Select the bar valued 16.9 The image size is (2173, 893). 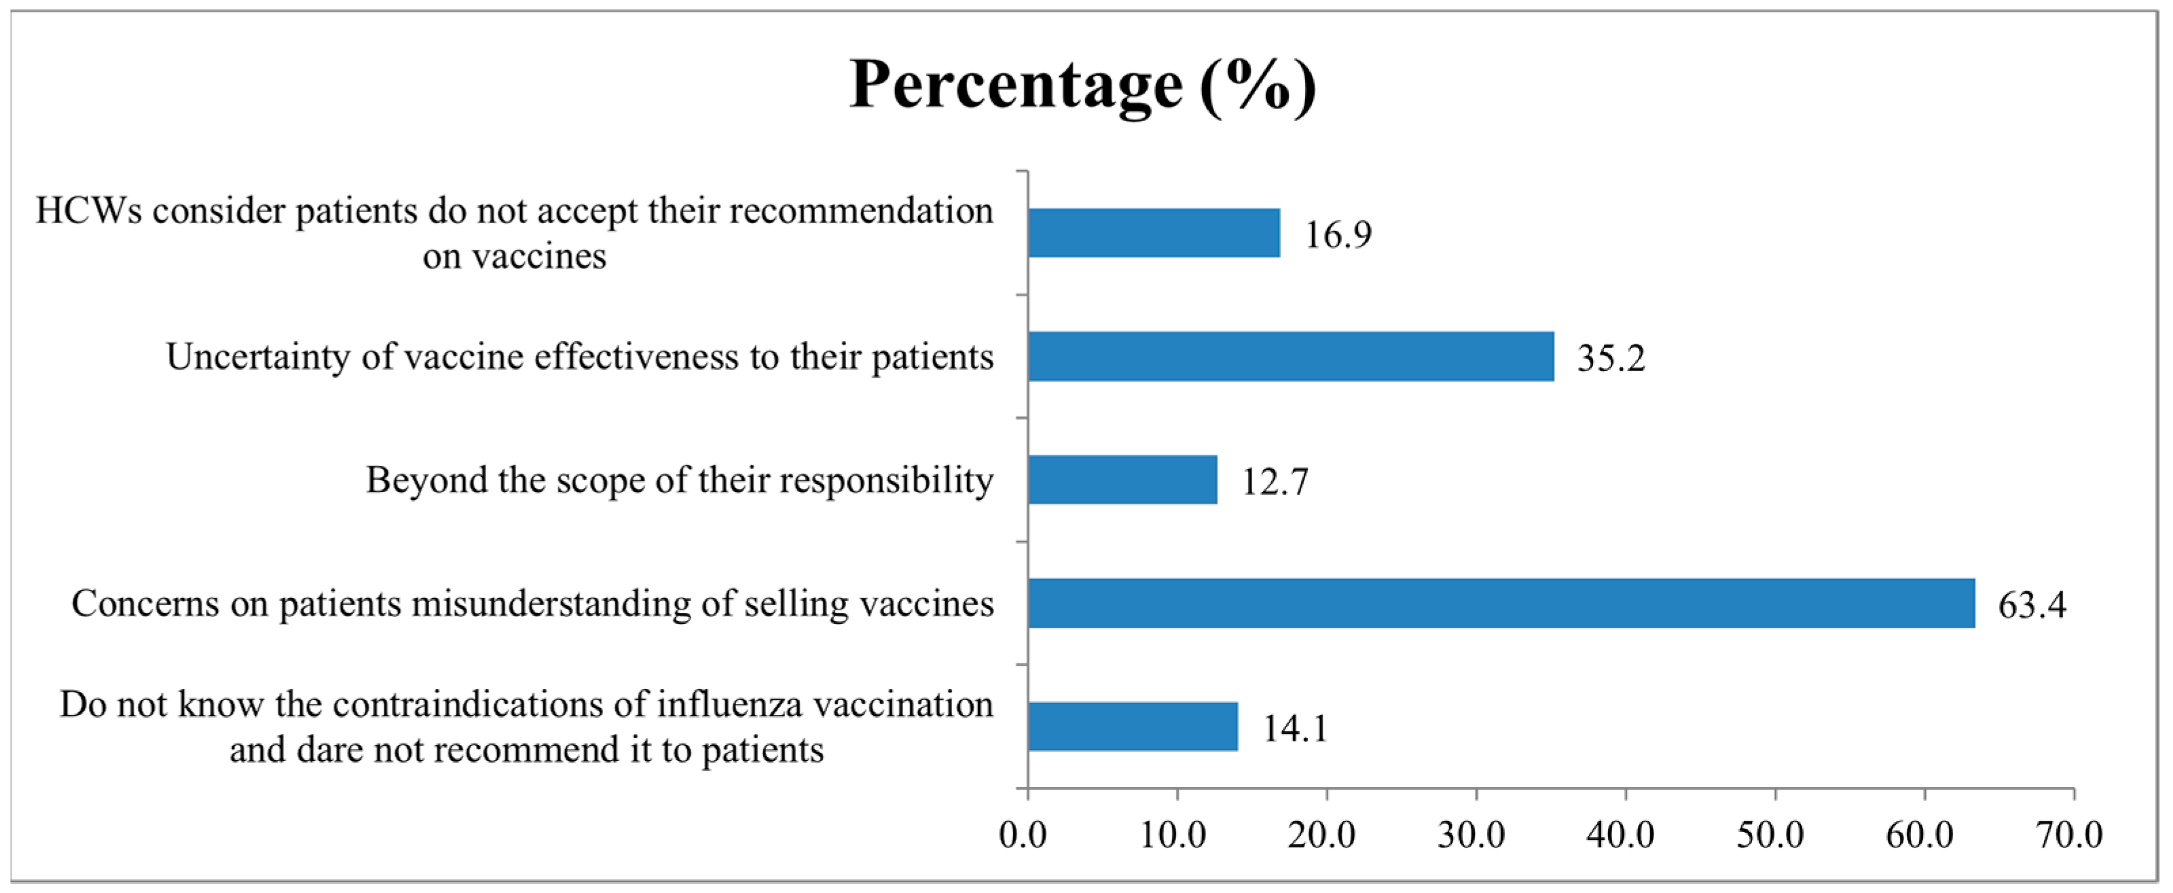[x=1153, y=233]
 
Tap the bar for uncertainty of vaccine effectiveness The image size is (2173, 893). [x=1291, y=356]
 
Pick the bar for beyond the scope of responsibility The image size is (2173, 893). [x=1122, y=479]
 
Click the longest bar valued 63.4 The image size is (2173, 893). [x=1501, y=603]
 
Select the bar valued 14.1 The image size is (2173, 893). [x=1132, y=726]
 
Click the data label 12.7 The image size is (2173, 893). [x=1275, y=482]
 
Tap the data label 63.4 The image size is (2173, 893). [x=2032, y=605]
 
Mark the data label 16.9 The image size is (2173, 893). [x=1338, y=234]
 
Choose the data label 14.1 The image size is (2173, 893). [x=1295, y=729]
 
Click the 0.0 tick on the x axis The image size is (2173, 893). [x=1023, y=835]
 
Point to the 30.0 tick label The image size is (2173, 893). [x=1471, y=835]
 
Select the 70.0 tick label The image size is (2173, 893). [x=2069, y=835]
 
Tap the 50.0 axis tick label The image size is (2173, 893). [x=1770, y=835]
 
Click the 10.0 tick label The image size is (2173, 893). [x=1173, y=835]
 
